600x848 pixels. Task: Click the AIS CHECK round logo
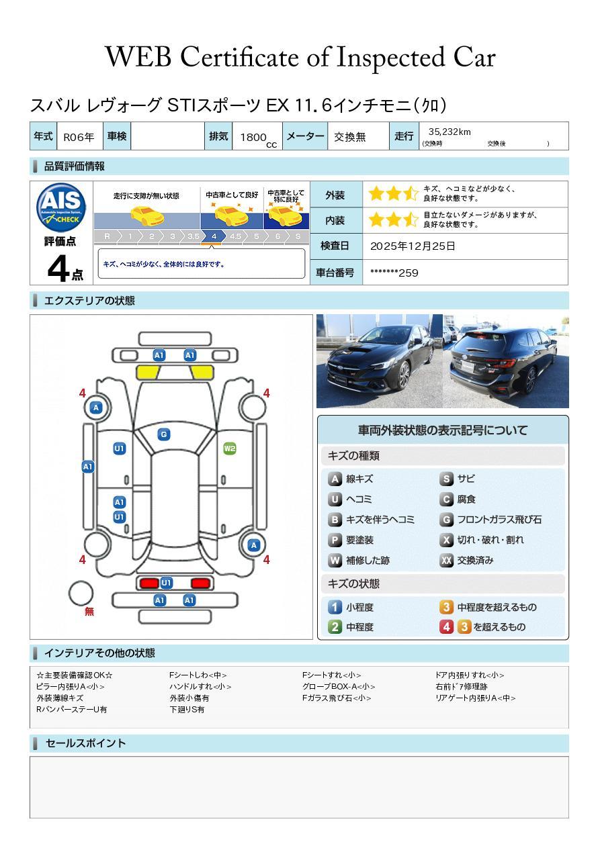pyautogui.click(x=61, y=207)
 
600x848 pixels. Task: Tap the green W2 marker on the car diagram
pyautogui.click(x=230, y=449)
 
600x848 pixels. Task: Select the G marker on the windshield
pyautogui.click(x=164, y=434)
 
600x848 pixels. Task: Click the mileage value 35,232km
pyautogui.click(x=449, y=132)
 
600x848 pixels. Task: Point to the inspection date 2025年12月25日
pyautogui.click(x=412, y=246)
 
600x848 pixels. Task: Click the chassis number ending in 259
pyautogui.click(x=394, y=273)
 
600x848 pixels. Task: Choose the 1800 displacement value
pyautogui.click(x=253, y=137)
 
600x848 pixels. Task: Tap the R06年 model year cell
pyautogui.click(x=79, y=137)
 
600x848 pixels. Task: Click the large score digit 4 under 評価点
pyautogui.click(x=58, y=268)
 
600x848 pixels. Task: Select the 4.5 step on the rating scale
pyautogui.click(x=235, y=236)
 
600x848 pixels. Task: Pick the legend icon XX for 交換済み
pyautogui.click(x=446, y=560)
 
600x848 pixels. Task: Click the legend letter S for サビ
pyautogui.click(x=446, y=479)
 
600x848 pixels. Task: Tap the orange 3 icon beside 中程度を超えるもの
pyautogui.click(x=446, y=607)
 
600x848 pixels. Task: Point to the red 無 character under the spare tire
pyautogui.click(x=89, y=612)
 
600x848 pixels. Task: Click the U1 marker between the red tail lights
pyautogui.click(x=166, y=583)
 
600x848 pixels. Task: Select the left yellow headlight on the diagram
pyautogui.click(x=147, y=373)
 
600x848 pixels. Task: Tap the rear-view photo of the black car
pyautogui.click(x=506, y=361)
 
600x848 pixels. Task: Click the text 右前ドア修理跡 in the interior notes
pyautogui.click(x=461, y=686)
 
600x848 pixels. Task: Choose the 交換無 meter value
pyautogui.click(x=349, y=137)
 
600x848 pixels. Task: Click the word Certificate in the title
pyautogui.click(x=239, y=57)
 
